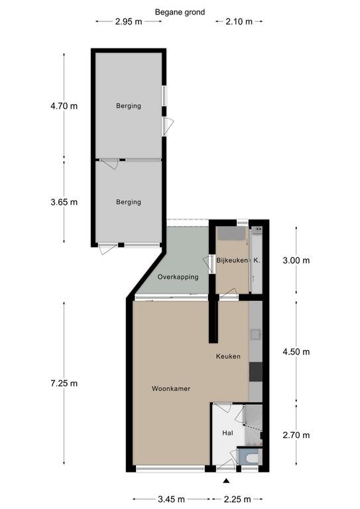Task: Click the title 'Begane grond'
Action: click(180, 13)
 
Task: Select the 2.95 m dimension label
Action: click(129, 22)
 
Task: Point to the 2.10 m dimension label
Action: click(239, 22)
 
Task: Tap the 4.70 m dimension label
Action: click(64, 106)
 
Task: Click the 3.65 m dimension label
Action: click(64, 202)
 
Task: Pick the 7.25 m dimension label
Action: click(64, 383)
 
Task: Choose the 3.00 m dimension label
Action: click(296, 260)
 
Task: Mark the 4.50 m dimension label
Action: click(296, 352)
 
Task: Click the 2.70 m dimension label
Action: click(296, 435)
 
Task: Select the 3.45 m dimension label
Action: click(171, 499)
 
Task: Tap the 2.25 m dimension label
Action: click(237, 499)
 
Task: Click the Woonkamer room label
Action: click(171, 388)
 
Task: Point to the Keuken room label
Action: click(228, 357)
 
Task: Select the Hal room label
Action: click(227, 433)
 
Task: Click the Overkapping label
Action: click(178, 277)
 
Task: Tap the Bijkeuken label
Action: click(232, 260)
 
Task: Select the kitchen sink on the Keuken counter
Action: click(255, 335)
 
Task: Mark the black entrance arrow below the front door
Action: click(226, 481)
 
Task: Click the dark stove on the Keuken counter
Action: click(256, 372)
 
